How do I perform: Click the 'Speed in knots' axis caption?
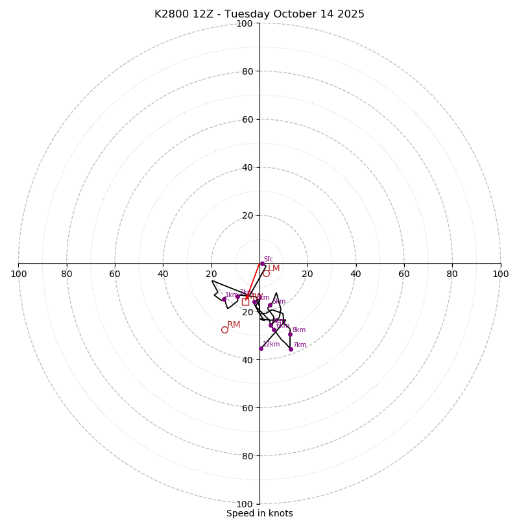(x=259, y=513)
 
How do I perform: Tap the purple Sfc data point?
(x=262, y=263)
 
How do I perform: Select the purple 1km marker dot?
(x=224, y=299)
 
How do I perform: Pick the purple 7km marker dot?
(x=291, y=349)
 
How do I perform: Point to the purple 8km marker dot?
(x=290, y=334)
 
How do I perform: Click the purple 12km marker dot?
(x=261, y=348)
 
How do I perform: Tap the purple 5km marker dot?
(x=270, y=305)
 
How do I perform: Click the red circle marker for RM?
(x=224, y=330)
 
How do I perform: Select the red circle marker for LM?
(x=266, y=273)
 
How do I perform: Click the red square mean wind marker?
(x=245, y=302)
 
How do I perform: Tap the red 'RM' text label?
(x=234, y=324)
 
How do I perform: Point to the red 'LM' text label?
(x=274, y=268)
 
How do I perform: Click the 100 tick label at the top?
(x=245, y=23)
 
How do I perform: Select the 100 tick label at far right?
(x=500, y=274)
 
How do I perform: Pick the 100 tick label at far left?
(x=19, y=274)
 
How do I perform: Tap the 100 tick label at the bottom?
(x=245, y=504)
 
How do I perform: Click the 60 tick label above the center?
(x=247, y=119)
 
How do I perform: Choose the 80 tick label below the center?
(x=247, y=456)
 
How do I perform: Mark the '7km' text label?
(x=299, y=345)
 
